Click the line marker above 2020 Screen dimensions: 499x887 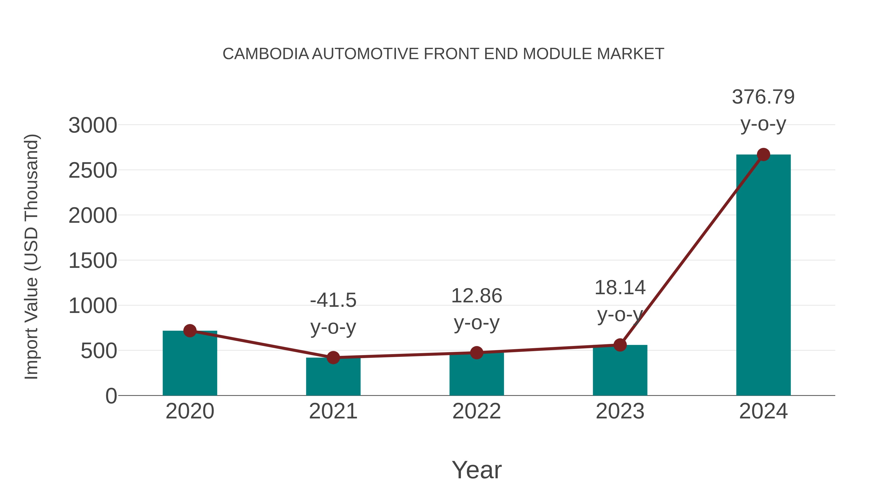coord(190,331)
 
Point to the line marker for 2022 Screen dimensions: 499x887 coord(477,353)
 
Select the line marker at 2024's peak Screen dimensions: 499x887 coord(763,155)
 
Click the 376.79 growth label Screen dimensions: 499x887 coord(763,97)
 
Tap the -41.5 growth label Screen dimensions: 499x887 coord(333,300)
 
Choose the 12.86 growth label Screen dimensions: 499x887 coord(477,296)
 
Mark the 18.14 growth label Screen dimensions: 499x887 coord(620,288)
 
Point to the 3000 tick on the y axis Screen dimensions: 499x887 coord(93,125)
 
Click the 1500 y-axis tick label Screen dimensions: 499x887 coord(93,261)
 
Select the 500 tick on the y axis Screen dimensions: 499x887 coord(99,351)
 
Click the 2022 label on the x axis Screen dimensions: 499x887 coord(477,411)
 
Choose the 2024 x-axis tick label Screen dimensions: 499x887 coord(763,411)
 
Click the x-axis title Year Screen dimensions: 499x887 coord(477,470)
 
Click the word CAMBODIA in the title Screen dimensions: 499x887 coord(266,54)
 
